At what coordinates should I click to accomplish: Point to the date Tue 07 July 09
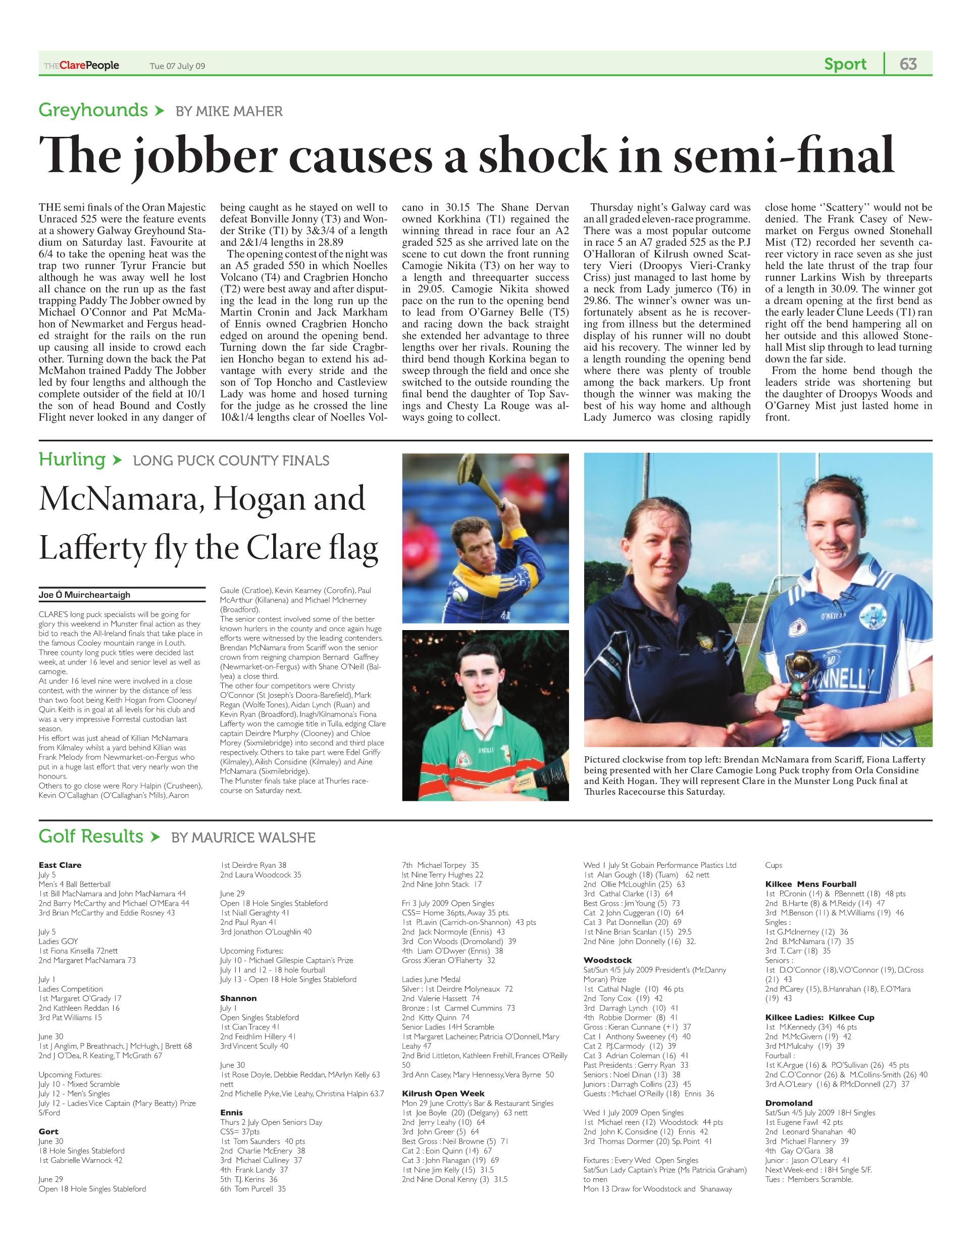(x=177, y=66)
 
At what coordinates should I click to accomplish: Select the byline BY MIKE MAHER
(x=229, y=112)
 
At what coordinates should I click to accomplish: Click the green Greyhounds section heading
(x=93, y=110)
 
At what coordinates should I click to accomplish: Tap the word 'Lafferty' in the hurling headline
(x=93, y=548)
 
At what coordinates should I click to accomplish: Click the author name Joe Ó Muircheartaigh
(x=85, y=595)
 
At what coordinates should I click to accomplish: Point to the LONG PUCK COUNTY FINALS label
(x=231, y=460)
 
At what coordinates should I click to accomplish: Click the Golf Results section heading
(x=91, y=836)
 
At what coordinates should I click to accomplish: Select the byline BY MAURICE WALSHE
(x=243, y=838)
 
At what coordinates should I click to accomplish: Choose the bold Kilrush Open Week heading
(x=443, y=1093)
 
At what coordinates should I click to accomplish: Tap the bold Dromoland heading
(x=789, y=1103)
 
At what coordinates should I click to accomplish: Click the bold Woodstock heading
(x=607, y=960)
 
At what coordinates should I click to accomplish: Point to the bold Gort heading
(x=48, y=1131)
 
